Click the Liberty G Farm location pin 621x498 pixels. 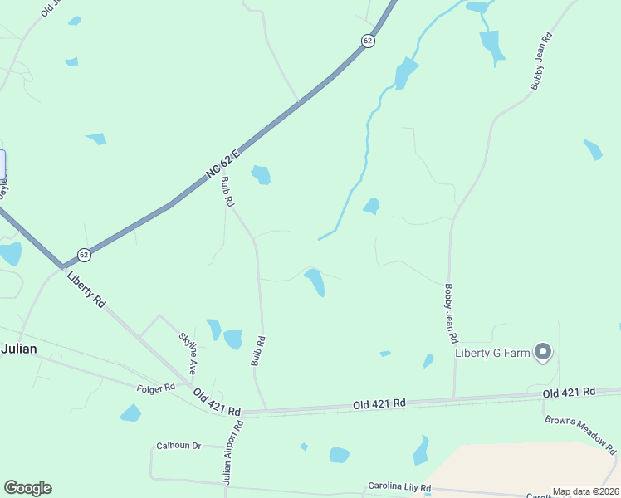coord(543,352)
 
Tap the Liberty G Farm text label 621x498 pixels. coord(492,353)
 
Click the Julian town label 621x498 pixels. coord(18,349)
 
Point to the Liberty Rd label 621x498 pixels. coord(86,290)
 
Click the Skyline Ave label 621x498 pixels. coord(188,352)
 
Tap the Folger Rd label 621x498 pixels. coord(157,387)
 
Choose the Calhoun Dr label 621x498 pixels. coord(178,446)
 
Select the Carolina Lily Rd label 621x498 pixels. coord(400,486)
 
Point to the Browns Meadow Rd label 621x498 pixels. coord(581,434)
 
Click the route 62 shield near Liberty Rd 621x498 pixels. coord(84,254)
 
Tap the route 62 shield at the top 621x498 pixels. coord(368,40)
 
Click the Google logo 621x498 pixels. coord(27,488)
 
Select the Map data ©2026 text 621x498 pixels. coord(585,491)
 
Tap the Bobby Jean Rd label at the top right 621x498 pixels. coord(540,61)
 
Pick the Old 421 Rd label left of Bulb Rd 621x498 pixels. coord(217,402)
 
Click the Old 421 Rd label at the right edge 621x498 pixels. coord(569,392)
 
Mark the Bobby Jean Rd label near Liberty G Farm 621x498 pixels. coord(449,314)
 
